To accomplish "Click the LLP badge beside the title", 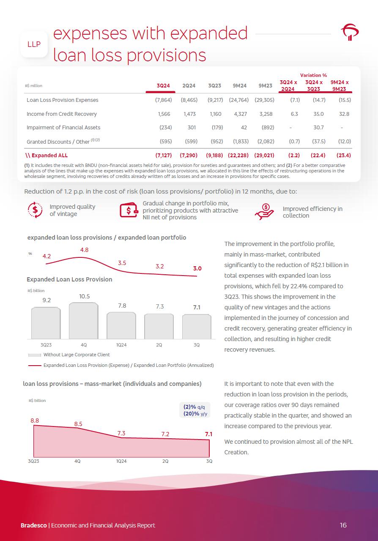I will pos(34,44).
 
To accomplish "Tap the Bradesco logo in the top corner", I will pos(350,32).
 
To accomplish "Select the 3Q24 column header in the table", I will pos(163,86).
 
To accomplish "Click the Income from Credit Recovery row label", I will pos(62,114).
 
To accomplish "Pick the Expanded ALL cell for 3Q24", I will pos(163,156).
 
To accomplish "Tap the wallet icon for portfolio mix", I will pos(129,210).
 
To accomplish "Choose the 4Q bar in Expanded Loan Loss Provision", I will pos(83,320).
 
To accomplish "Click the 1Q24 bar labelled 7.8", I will pos(121,325).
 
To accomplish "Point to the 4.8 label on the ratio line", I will pos(84,250).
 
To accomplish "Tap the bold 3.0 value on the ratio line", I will pos(197,268).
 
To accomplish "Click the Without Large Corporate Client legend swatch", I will pos(34,355).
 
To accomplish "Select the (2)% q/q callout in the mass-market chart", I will pos(194,407).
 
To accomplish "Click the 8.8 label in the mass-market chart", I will pos(35,421).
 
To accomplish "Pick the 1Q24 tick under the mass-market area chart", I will pos(121,461).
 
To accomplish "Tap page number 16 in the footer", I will pos(343,525).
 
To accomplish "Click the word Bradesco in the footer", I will pos(34,525).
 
